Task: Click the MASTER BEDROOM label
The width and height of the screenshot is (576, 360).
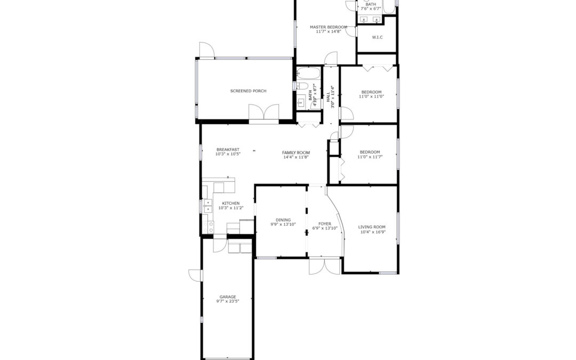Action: pos(329,27)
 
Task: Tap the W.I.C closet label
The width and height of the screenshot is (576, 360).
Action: pos(377,37)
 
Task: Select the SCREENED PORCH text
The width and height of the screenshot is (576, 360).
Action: pos(249,91)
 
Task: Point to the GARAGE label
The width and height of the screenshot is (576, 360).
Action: pos(228,297)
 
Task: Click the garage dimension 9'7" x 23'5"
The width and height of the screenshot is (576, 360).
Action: pos(228,301)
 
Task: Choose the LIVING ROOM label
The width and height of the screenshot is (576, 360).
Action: pos(372,227)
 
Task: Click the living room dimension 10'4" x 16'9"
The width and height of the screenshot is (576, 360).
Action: pos(373,232)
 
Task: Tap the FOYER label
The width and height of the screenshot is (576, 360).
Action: pos(325,223)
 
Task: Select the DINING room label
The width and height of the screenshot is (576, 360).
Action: pos(283,220)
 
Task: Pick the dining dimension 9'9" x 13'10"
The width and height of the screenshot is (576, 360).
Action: pos(283,225)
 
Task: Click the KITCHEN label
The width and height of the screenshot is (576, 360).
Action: pos(231,203)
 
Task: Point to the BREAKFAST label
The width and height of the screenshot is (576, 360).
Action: pos(228,149)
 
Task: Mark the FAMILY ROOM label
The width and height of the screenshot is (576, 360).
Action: pos(296,153)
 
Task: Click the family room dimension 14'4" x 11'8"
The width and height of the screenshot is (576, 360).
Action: pos(296,157)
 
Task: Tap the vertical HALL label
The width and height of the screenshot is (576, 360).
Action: pos(328,97)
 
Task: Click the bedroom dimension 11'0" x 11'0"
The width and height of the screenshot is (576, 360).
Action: pos(371,97)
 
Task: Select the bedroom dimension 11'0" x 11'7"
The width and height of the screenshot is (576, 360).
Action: pos(370,157)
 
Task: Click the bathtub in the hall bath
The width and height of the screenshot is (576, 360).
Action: pos(309,74)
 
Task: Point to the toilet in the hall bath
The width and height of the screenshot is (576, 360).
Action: pos(302,86)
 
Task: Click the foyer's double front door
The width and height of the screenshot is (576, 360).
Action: pos(325,266)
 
